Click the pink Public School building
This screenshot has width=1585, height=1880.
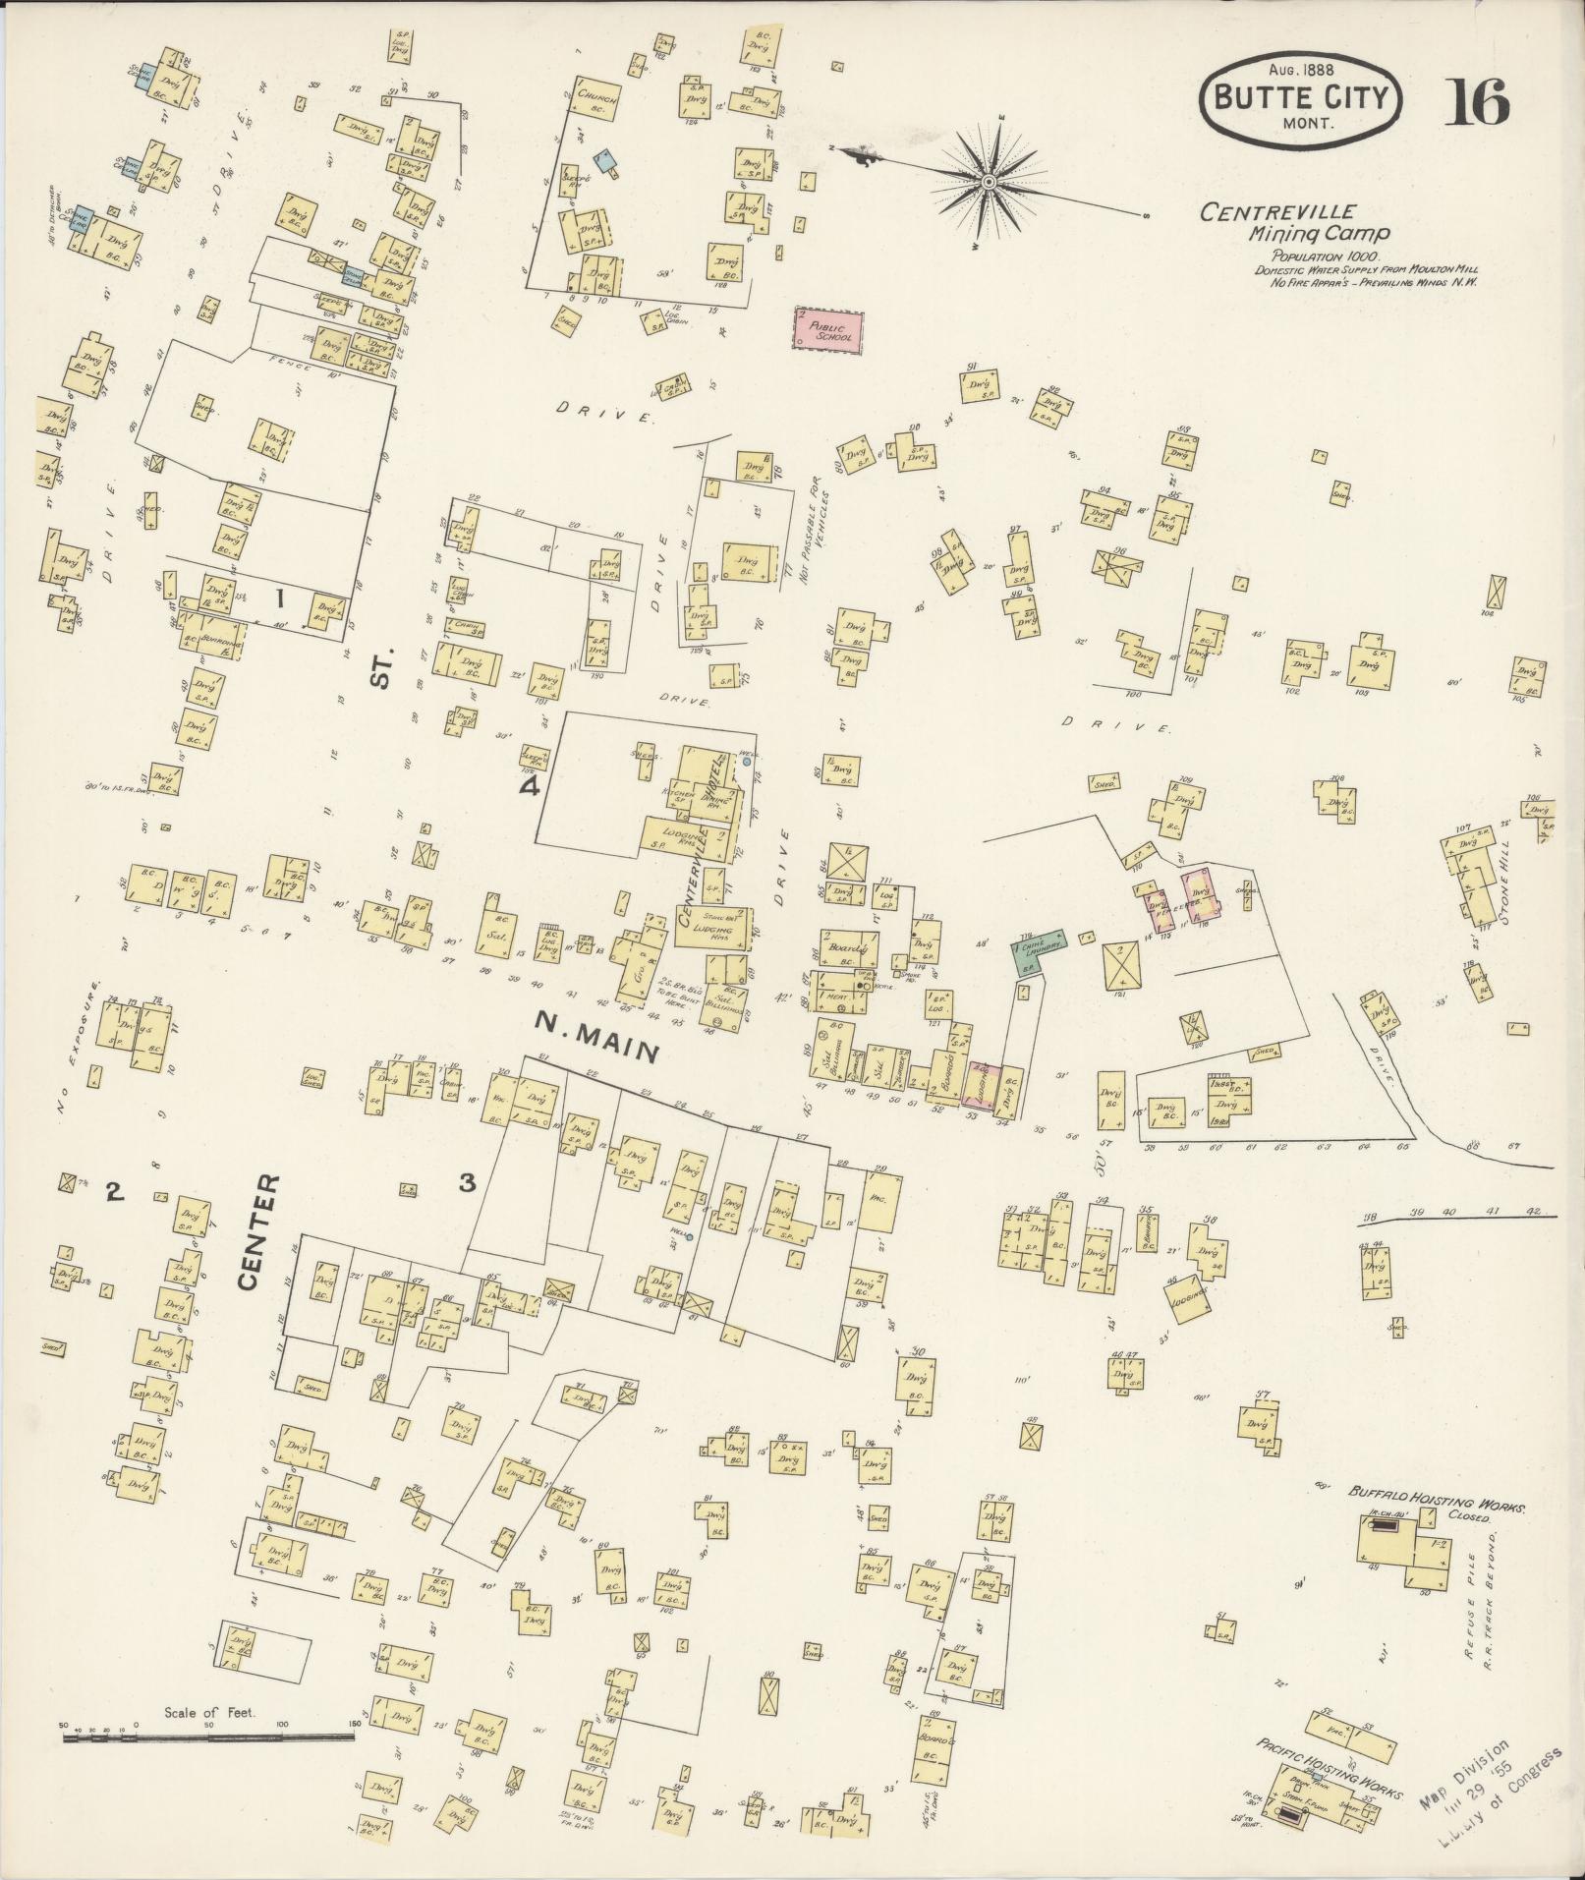tap(827, 331)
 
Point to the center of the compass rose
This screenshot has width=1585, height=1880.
tap(989, 182)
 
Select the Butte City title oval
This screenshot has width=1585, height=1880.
tap(1299, 98)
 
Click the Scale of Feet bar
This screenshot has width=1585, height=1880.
tap(208, 1050)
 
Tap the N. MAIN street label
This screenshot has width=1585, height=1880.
tap(594, 1037)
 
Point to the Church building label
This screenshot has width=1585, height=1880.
tap(596, 97)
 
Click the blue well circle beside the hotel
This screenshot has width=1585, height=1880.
tap(747, 761)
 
